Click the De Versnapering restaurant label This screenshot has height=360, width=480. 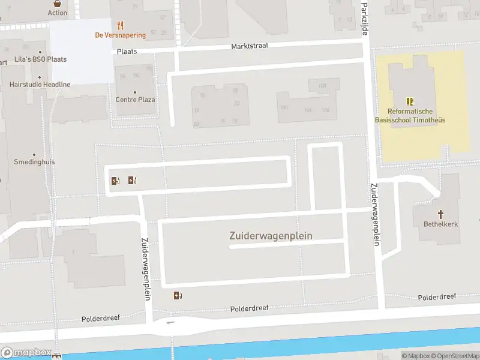[120, 35]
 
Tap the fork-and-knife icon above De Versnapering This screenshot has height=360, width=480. [120, 25]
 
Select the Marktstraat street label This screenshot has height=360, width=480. [250, 46]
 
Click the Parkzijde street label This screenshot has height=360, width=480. [364, 18]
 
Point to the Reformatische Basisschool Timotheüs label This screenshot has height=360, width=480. [410, 116]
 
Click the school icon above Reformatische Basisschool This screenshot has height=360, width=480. [410, 101]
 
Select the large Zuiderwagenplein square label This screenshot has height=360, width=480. [271, 236]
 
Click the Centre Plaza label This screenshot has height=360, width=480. [135, 100]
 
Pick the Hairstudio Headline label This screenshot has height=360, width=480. [40, 85]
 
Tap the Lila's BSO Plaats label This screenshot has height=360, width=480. [40, 59]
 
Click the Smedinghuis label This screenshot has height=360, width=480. [34, 162]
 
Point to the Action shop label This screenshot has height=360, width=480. [57, 13]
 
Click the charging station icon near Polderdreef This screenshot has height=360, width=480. [178, 295]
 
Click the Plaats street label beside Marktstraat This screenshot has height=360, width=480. [127, 52]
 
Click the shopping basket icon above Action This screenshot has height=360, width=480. [57, 2]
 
